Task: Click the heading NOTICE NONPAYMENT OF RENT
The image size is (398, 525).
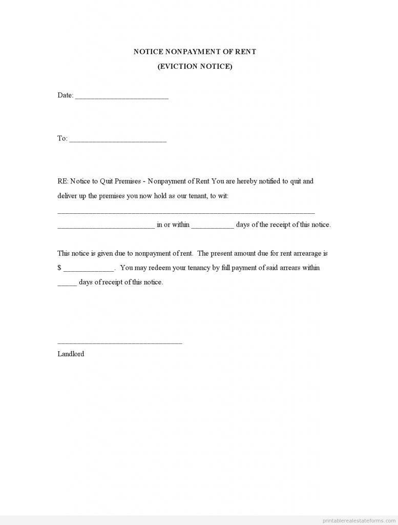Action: (x=195, y=52)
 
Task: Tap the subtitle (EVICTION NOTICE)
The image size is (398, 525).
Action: (x=195, y=67)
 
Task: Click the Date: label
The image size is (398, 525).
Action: (x=65, y=95)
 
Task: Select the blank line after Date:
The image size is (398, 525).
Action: (x=121, y=97)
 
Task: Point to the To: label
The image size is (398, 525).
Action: (x=62, y=138)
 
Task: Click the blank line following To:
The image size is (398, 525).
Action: (x=117, y=140)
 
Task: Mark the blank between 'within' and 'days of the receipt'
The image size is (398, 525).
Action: (x=213, y=227)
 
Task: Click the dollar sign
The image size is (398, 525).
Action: (x=59, y=268)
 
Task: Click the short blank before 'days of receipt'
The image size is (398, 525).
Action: (x=67, y=284)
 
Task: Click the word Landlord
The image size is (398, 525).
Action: (x=71, y=354)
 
